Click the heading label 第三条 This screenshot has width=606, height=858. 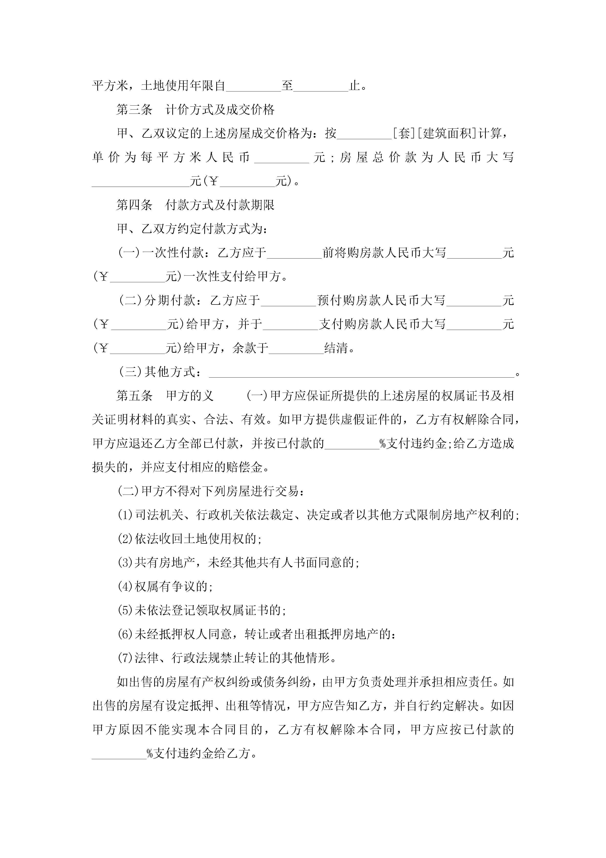click(134, 110)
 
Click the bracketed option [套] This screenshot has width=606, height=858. click(404, 133)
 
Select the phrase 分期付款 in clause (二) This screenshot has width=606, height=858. click(170, 300)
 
